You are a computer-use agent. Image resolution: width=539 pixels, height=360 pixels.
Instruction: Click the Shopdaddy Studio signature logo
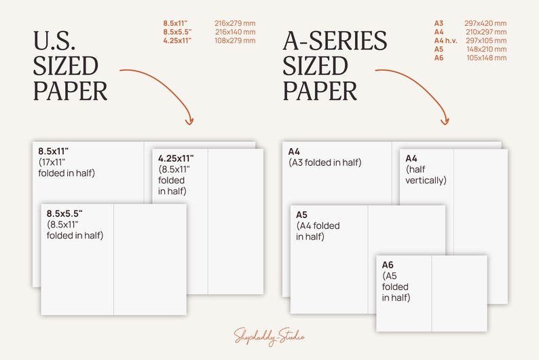269,336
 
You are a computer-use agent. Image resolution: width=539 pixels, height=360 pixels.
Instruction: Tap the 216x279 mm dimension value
235,23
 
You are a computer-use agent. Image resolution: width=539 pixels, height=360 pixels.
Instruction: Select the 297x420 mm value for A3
485,23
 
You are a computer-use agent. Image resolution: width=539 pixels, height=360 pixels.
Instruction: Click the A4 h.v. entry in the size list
445,41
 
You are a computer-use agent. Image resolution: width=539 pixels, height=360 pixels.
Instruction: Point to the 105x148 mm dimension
487,58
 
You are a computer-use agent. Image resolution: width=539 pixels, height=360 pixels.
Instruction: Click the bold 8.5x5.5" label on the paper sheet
64,213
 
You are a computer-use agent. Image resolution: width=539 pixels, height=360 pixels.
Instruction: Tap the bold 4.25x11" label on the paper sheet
176,158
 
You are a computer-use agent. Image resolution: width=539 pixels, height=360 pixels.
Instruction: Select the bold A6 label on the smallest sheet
388,265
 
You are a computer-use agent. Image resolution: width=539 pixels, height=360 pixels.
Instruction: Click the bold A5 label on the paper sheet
301,215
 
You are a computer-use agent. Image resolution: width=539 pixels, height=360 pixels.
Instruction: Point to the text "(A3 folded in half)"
325,162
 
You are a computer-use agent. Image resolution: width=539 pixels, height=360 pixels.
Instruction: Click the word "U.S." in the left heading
54,41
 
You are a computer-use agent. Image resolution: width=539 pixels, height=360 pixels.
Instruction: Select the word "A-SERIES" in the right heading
335,41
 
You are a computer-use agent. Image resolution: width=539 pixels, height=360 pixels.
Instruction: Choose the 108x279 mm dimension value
235,41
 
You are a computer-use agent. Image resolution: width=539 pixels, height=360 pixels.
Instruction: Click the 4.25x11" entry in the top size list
177,41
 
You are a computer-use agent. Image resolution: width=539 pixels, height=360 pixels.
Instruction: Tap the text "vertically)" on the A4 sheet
426,180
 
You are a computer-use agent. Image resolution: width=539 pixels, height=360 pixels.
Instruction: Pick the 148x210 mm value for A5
487,49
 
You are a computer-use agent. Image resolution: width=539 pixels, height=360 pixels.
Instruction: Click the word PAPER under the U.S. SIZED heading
70,91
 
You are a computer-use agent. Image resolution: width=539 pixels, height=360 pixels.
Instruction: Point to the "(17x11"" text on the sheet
52,162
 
